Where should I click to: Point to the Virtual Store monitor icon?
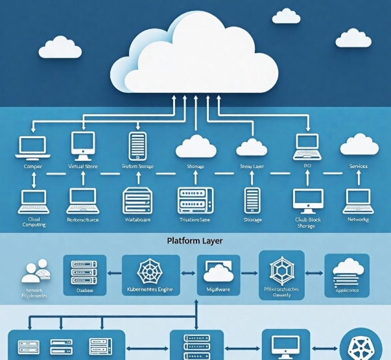82,146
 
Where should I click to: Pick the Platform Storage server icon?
137,146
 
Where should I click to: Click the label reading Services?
358,167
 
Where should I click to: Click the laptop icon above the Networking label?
359,200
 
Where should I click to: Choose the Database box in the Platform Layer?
85,276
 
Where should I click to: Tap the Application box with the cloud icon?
347,276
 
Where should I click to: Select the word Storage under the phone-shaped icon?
252,220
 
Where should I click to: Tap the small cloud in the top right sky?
286,15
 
